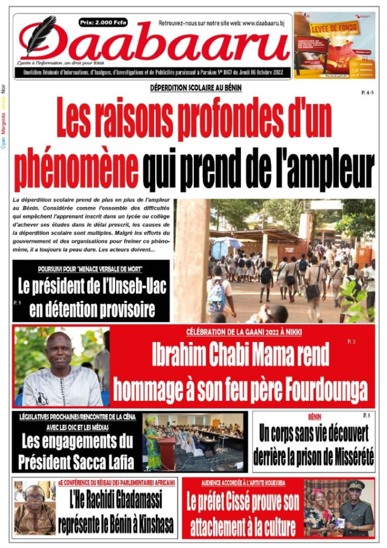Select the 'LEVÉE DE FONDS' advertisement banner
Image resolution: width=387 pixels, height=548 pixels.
(x=334, y=45)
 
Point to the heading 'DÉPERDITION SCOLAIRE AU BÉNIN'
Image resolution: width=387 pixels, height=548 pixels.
(x=196, y=88)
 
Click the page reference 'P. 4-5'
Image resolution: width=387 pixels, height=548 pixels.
(x=367, y=93)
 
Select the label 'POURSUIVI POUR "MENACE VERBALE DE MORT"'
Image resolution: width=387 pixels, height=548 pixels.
(x=90, y=269)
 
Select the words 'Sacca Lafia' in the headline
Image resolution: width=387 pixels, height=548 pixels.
(x=105, y=462)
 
